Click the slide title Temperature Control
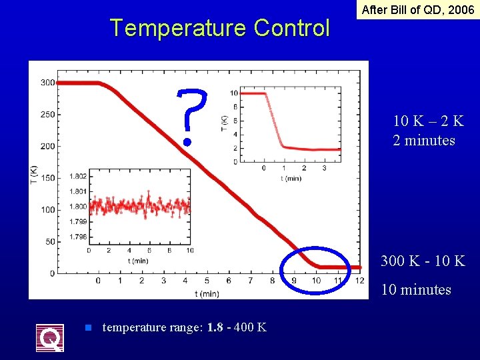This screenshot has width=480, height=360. pyautogui.click(x=219, y=28)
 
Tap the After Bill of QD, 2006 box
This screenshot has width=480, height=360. pyautogui.click(x=417, y=10)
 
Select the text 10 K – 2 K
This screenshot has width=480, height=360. pyautogui.click(x=428, y=121)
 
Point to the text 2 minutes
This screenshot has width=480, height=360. pyautogui.click(x=424, y=140)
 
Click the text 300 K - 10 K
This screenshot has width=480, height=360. pyautogui.click(x=423, y=261)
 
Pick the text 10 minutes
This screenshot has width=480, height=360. pyautogui.click(x=416, y=289)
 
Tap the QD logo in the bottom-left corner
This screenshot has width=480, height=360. pyautogui.click(x=50, y=337)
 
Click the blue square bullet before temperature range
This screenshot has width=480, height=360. pyautogui.click(x=87, y=327)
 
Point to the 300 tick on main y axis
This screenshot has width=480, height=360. pyautogui.click(x=47, y=83)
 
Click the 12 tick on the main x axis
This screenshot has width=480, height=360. pyautogui.click(x=361, y=281)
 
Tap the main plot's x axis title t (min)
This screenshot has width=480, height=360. pyautogui.click(x=207, y=293)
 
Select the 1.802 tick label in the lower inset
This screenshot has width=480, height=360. pyautogui.click(x=77, y=177)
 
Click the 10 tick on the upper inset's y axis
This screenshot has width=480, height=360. pyautogui.click(x=233, y=93)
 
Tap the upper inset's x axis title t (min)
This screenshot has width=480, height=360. pyautogui.click(x=290, y=179)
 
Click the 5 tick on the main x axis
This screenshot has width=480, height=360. pyautogui.click(x=207, y=281)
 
